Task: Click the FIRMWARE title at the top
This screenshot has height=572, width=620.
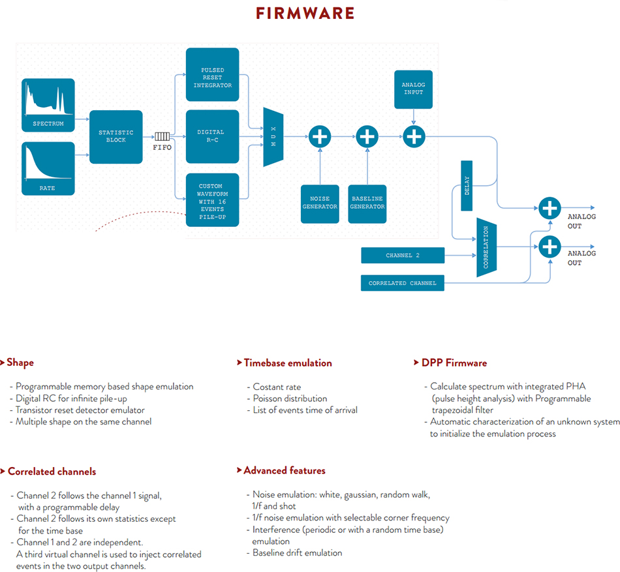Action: click(x=305, y=13)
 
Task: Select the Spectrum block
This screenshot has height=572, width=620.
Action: click(x=48, y=105)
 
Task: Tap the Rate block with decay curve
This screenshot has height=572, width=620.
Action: click(x=48, y=169)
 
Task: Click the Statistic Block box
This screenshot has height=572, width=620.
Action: click(x=116, y=137)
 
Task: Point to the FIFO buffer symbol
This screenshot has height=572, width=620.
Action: click(x=162, y=137)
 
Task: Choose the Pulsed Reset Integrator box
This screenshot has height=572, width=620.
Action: click(x=212, y=74)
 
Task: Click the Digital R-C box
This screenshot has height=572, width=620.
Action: click(x=212, y=137)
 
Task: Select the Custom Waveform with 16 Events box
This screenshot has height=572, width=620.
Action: click(x=212, y=200)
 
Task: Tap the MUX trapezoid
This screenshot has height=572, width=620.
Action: click(x=273, y=137)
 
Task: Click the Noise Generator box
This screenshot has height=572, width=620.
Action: click(x=320, y=204)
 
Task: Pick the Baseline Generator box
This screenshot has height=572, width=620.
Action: click(x=367, y=204)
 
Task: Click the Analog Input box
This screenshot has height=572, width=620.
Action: click(x=413, y=89)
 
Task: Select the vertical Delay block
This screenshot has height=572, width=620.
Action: click(x=467, y=186)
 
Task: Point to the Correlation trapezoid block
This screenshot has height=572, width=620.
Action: click(x=486, y=247)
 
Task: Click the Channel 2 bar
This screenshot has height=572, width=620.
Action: click(x=403, y=255)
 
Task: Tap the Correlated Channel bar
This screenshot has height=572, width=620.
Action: click(x=403, y=283)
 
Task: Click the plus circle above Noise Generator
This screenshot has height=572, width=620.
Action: click(x=320, y=137)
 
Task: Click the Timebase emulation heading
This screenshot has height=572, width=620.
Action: click(x=285, y=363)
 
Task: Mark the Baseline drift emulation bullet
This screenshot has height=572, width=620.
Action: click(x=294, y=552)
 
